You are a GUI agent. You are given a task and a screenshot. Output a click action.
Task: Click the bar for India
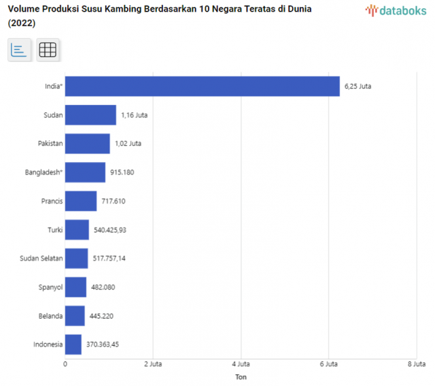(x=202, y=86)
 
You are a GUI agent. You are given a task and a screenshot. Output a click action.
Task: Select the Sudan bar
(x=90, y=115)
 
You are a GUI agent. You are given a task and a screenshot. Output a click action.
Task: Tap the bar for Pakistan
(x=87, y=144)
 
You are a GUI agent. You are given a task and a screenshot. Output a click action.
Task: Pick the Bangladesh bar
(x=85, y=172)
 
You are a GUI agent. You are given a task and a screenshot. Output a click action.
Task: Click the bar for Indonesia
(x=73, y=344)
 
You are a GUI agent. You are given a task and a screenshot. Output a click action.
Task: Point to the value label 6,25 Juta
(x=358, y=86)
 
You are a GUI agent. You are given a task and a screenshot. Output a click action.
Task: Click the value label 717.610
(x=114, y=202)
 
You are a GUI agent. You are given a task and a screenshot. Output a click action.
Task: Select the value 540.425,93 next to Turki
(x=110, y=230)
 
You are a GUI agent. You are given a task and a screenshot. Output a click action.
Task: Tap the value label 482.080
(x=103, y=287)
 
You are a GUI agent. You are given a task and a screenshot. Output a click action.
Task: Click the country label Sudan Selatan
(x=42, y=259)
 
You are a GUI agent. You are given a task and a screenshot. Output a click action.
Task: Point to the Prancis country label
(x=52, y=202)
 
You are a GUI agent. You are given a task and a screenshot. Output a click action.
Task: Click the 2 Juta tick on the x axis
(x=152, y=364)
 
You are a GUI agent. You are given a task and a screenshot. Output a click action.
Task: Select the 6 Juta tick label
(x=328, y=364)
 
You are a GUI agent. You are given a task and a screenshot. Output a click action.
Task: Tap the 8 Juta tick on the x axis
(x=416, y=364)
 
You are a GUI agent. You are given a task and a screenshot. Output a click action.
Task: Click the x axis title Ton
(x=241, y=376)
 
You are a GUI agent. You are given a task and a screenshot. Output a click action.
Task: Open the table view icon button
(x=48, y=50)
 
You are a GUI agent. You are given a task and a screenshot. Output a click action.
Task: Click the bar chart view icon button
(x=19, y=50)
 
